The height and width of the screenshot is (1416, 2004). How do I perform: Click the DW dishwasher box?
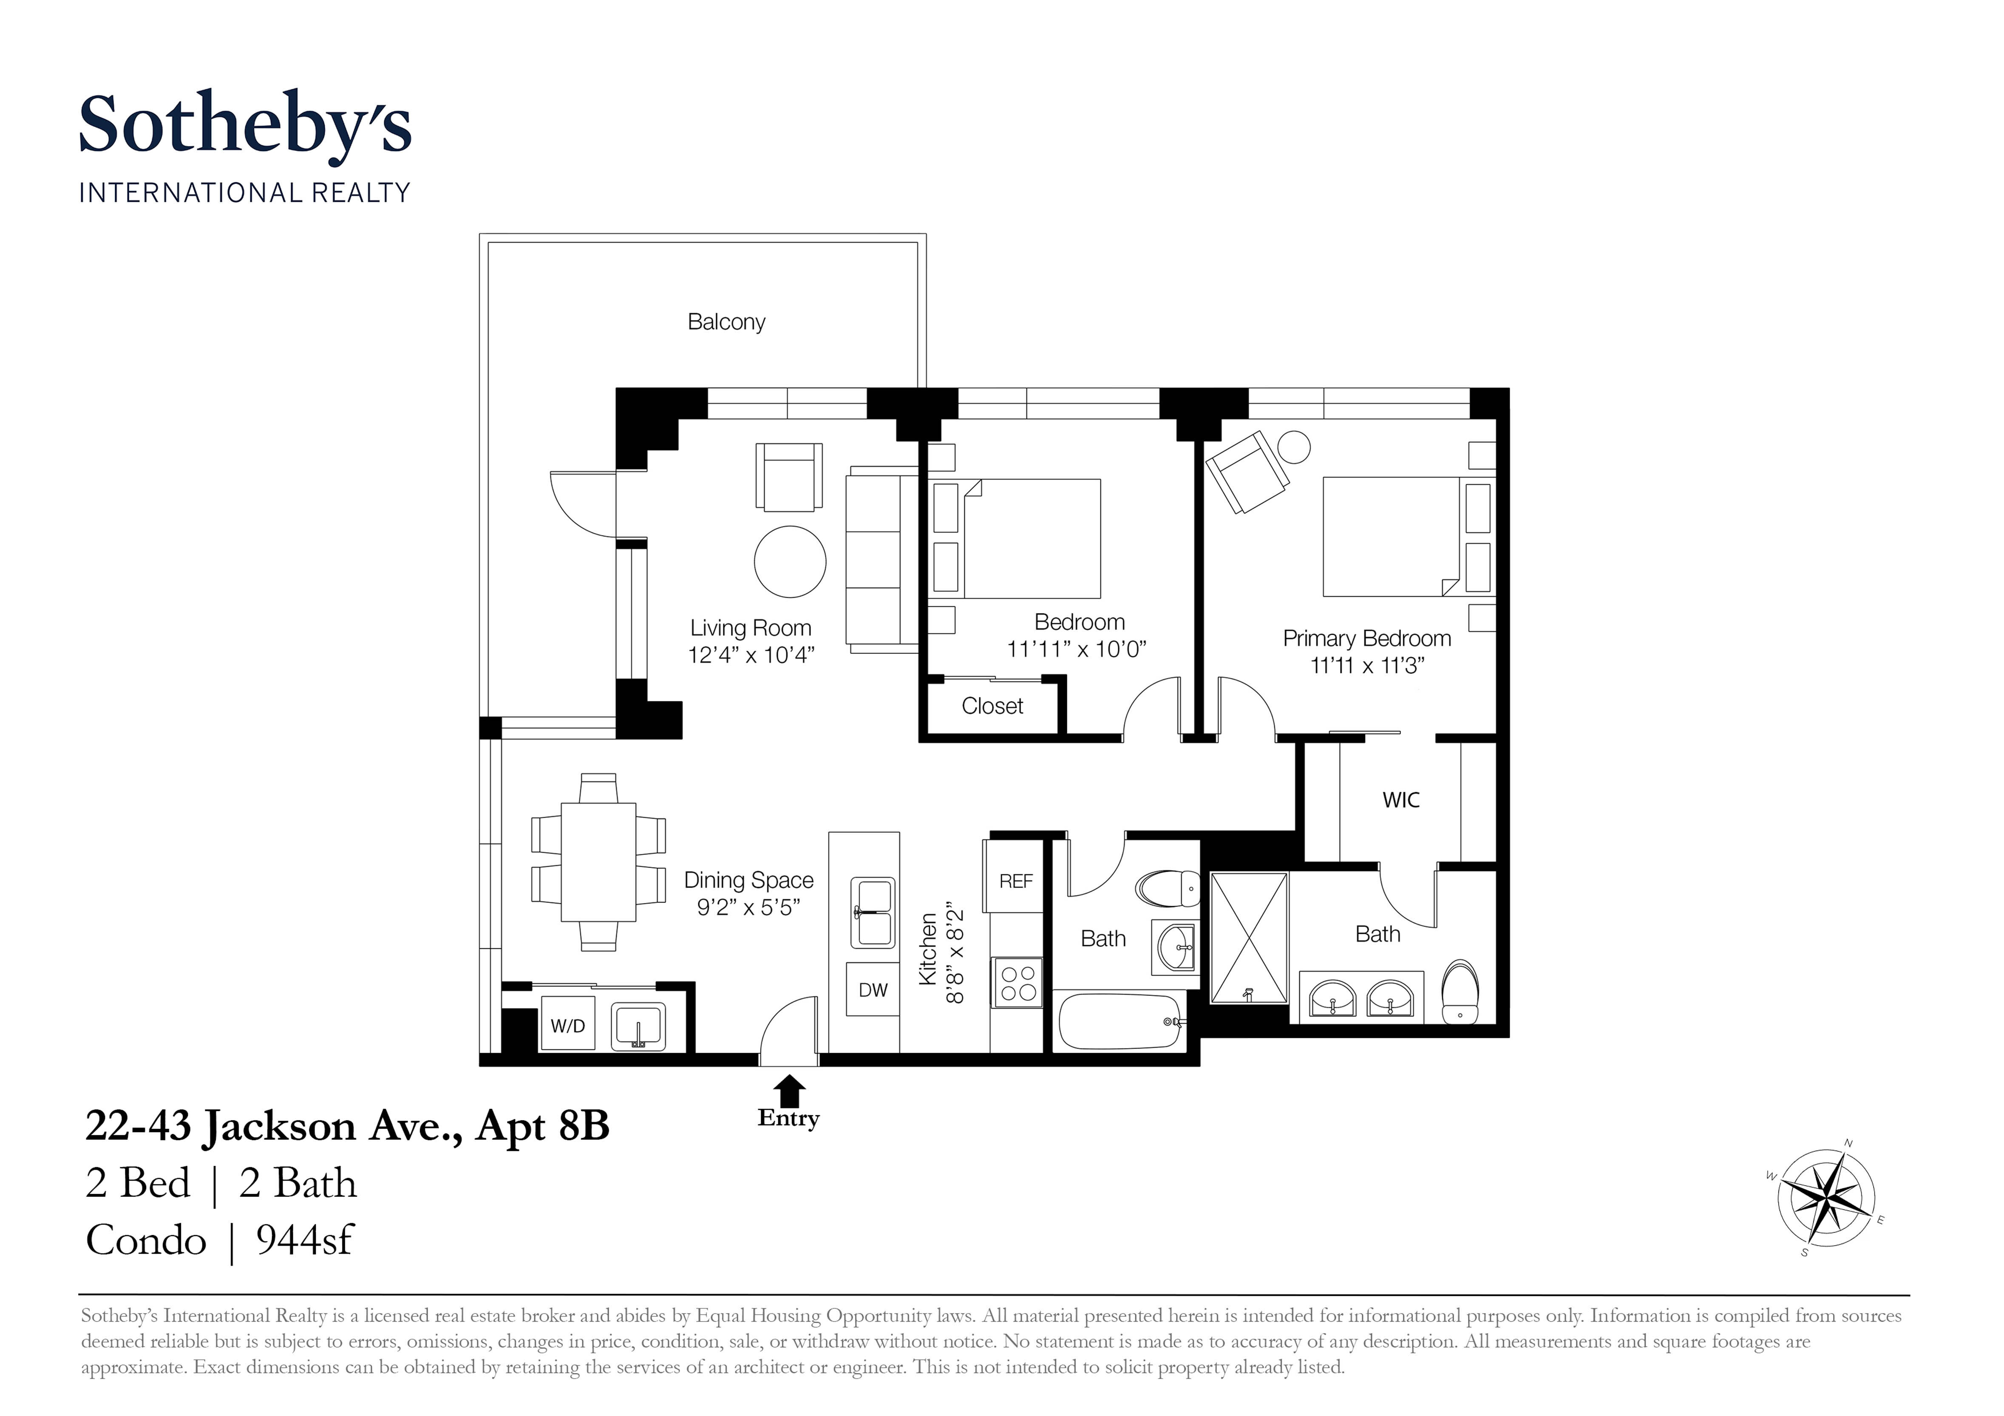[873, 989]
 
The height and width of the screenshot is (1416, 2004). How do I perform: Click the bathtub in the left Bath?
[1119, 1021]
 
